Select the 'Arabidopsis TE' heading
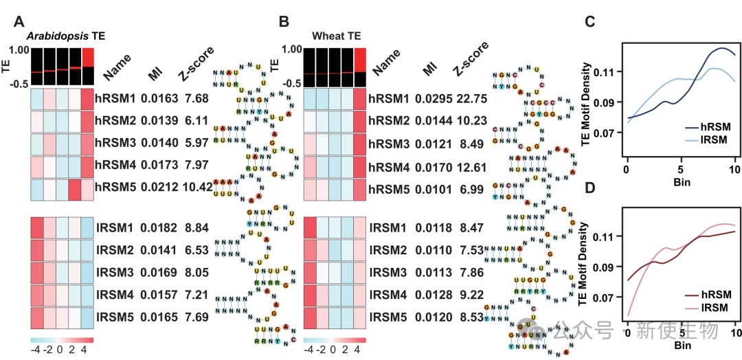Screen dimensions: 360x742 click(65, 36)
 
